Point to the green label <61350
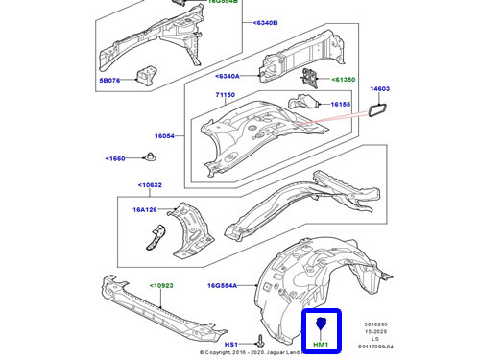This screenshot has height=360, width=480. tap(344, 82)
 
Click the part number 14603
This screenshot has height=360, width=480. tap(382, 88)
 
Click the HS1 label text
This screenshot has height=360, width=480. tap(230, 344)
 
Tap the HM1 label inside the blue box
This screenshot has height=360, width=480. tap(322, 344)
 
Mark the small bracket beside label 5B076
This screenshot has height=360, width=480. tap(145, 72)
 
